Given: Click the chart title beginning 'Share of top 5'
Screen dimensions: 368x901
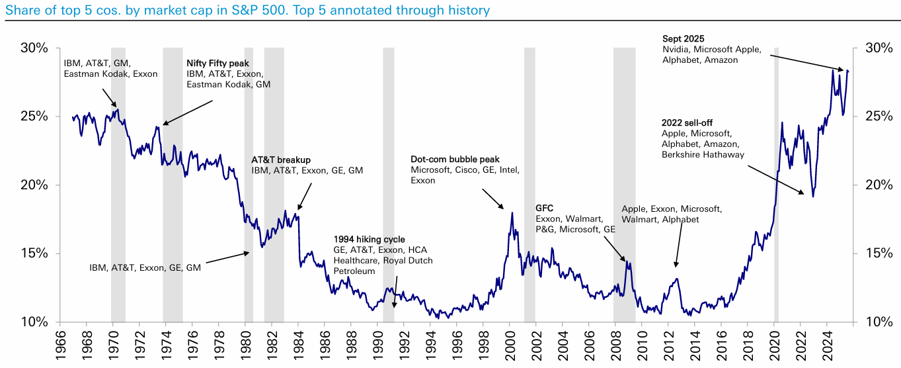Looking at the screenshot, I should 245,10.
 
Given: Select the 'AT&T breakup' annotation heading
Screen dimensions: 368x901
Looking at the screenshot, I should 281,160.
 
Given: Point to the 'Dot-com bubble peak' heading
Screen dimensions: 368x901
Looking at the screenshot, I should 455,160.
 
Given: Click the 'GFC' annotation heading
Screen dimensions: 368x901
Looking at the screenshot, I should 545,208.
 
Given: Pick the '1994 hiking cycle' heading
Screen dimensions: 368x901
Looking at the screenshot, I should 369,239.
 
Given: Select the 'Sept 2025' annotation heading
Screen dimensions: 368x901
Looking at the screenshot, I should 684,38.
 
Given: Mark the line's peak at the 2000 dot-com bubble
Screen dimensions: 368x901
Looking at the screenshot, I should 512,212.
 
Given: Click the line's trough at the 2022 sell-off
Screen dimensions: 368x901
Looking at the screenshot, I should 812,197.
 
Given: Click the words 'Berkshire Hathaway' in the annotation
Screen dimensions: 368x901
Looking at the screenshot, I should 703,155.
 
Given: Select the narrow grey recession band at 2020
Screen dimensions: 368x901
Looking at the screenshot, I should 776,185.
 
